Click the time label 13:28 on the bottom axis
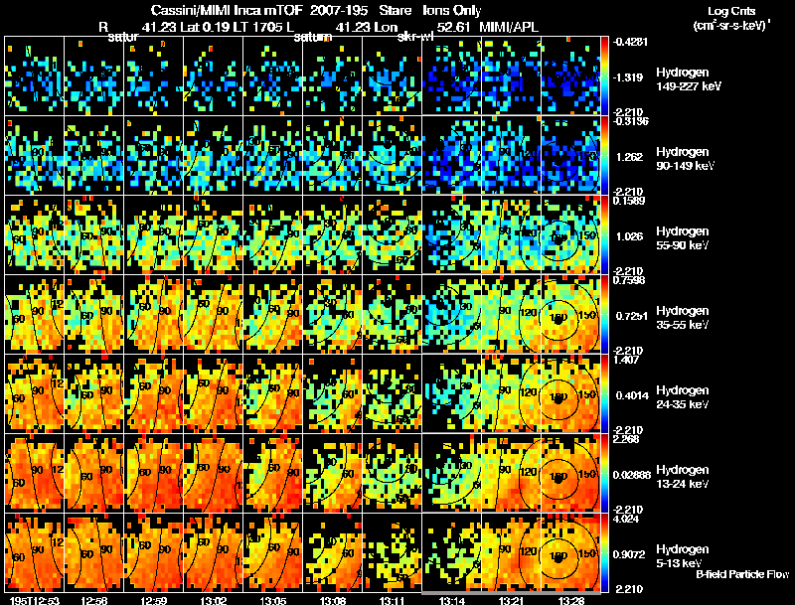click(x=570, y=600)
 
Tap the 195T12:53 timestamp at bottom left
click(x=32, y=600)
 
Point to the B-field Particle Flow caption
click(x=741, y=574)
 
